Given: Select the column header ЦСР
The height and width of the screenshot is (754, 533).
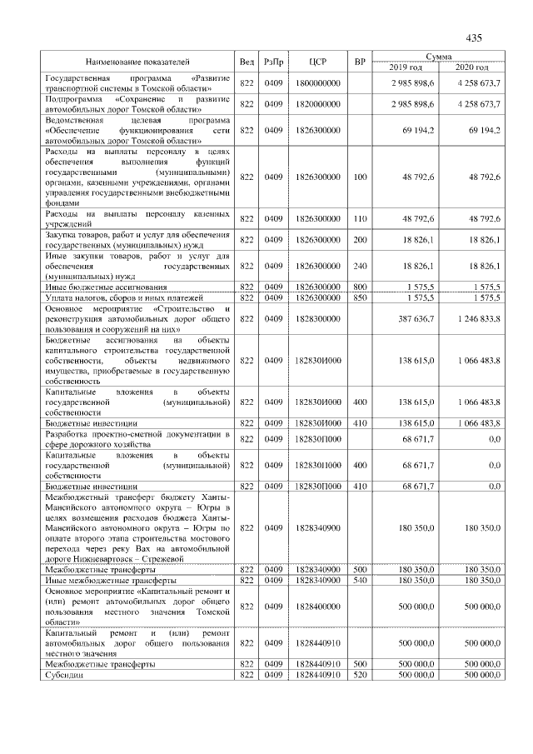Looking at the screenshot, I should (x=316, y=62).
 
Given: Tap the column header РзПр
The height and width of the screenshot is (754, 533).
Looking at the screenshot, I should (x=273, y=62).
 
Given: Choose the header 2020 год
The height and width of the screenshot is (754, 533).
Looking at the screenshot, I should (x=471, y=67).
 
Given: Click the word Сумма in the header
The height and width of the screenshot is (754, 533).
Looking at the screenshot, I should (x=438, y=56).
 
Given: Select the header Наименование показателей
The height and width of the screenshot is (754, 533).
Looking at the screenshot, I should (x=137, y=62).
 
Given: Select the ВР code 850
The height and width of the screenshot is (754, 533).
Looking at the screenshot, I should (x=360, y=297).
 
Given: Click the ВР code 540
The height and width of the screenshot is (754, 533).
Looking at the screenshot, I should (x=360, y=579).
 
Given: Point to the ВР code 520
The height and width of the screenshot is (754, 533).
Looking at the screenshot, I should (x=360, y=676).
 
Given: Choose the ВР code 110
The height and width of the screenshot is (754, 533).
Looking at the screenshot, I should (x=360, y=218).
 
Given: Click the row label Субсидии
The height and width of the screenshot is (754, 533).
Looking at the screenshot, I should (x=65, y=676).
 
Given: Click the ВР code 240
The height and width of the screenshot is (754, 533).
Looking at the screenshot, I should (x=360, y=266).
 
